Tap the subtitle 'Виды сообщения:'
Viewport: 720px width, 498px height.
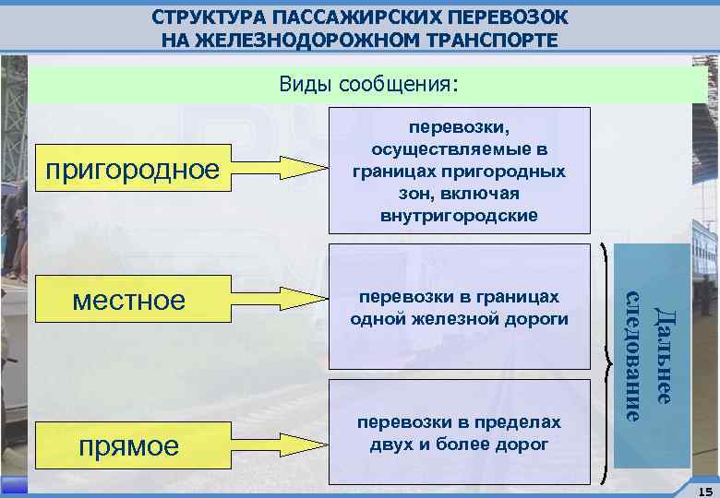pos(367,85)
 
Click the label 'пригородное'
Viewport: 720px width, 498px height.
pos(133,170)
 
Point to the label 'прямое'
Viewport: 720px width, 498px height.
pos(129,446)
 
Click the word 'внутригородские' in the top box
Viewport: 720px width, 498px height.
pos(458,217)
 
